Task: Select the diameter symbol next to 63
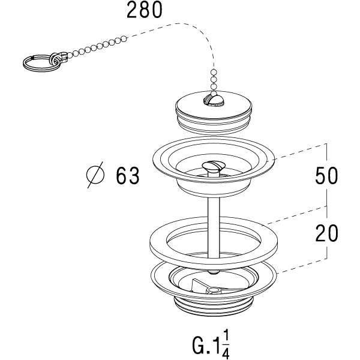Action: click(95, 175)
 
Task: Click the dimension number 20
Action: click(326, 233)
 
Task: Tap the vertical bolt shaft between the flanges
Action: click(212, 222)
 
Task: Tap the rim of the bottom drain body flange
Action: click(157, 276)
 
